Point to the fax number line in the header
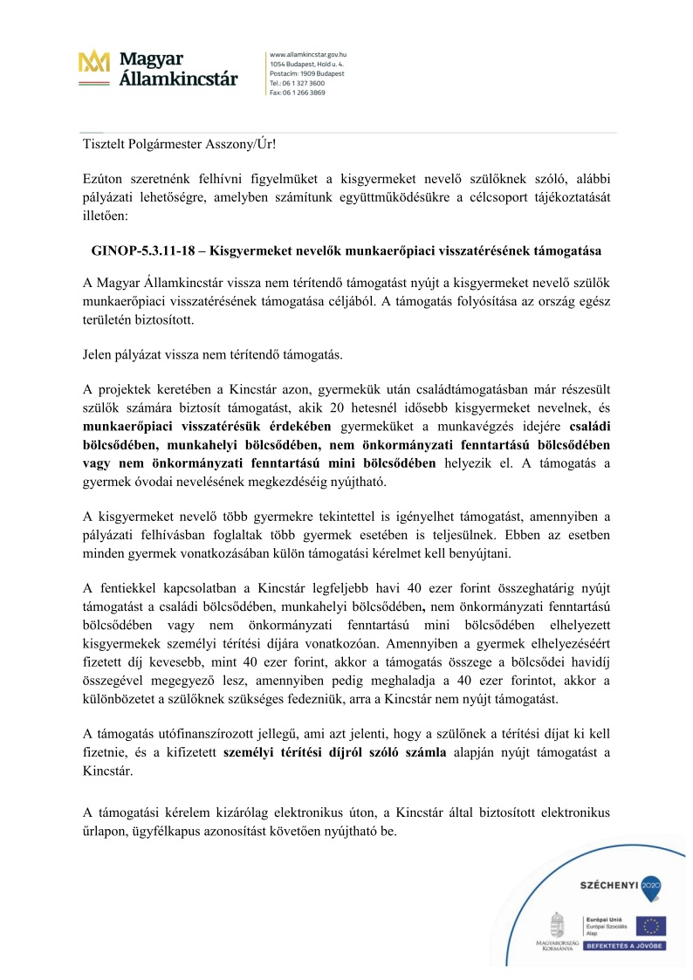point(298,92)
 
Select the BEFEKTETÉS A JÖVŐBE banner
point(626,946)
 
